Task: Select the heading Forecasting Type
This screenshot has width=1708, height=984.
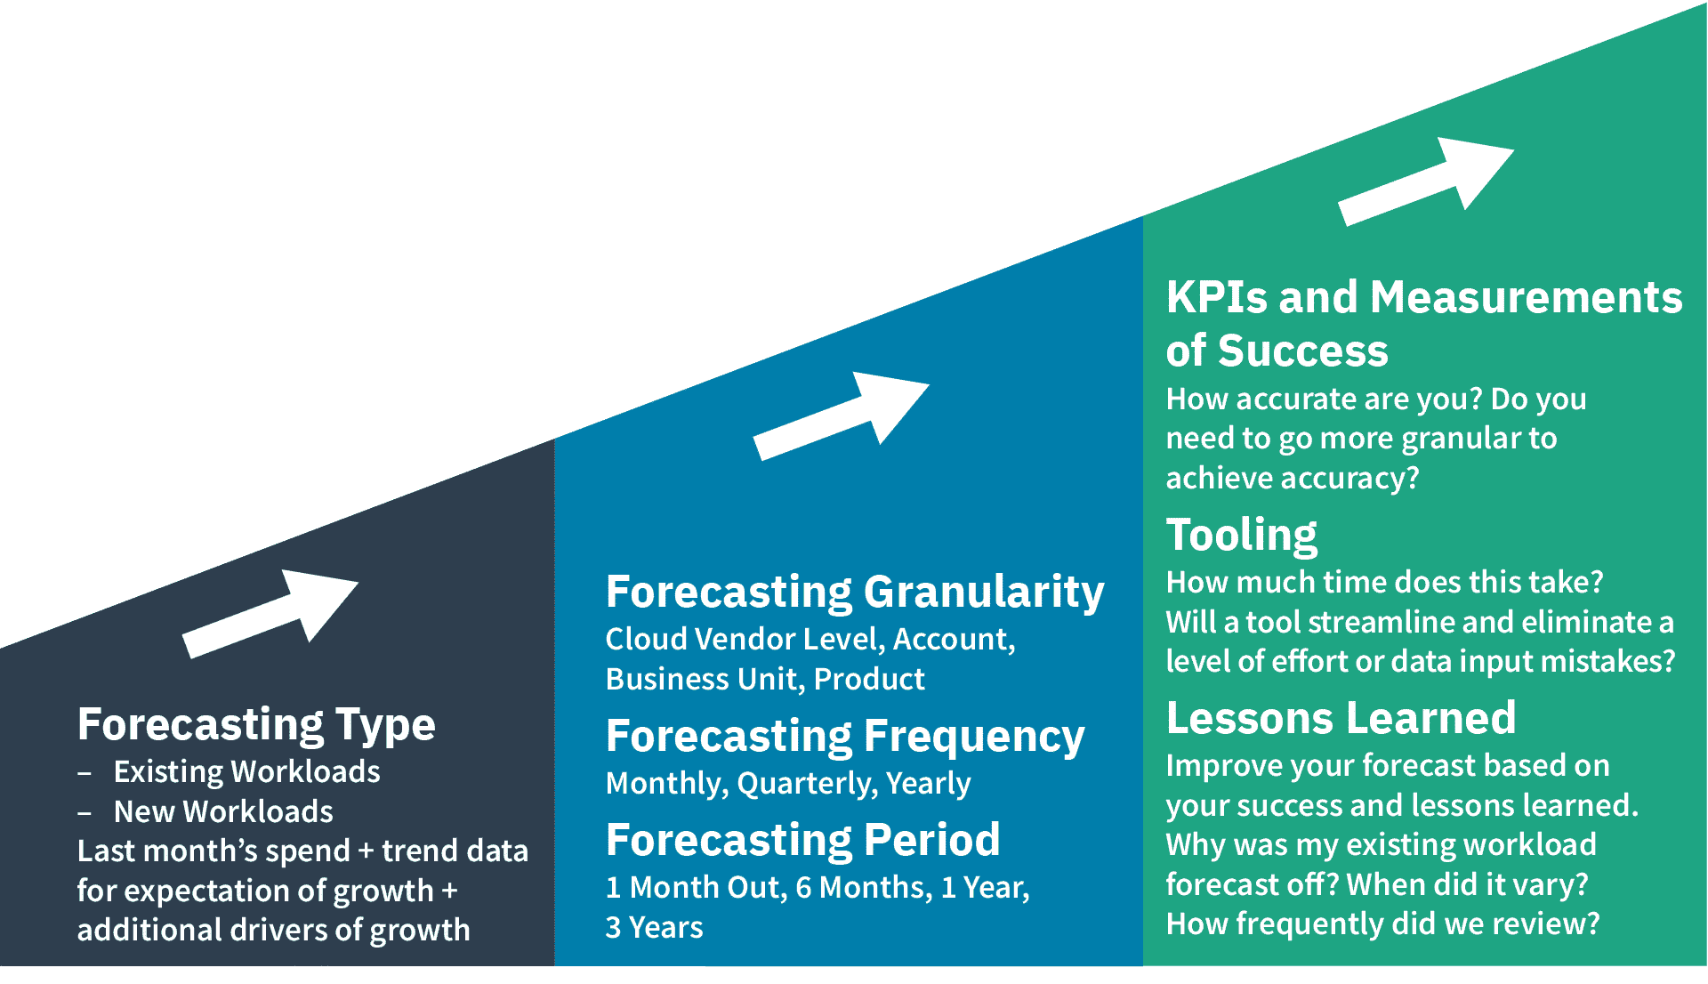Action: [x=256, y=724]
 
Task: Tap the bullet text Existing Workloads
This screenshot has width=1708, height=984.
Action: [x=246, y=771]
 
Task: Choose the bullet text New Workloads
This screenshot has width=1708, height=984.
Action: [x=223, y=811]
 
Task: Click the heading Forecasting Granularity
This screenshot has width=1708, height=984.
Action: [x=854, y=592]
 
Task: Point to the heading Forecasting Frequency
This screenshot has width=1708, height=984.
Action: [x=844, y=737]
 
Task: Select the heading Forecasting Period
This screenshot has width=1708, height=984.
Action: [x=802, y=840]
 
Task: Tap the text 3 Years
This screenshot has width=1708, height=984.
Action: [x=654, y=927]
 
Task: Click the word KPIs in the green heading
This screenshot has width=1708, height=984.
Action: [x=1216, y=297]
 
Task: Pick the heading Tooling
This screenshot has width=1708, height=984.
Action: [x=1241, y=535]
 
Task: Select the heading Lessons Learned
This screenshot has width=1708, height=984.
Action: [x=1341, y=718]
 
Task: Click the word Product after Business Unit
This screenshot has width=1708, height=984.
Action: [x=869, y=680]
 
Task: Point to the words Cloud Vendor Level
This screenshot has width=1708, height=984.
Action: [x=745, y=640]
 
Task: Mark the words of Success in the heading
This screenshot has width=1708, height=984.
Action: [x=1277, y=351]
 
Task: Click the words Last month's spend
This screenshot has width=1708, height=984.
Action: [x=213, y=851]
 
